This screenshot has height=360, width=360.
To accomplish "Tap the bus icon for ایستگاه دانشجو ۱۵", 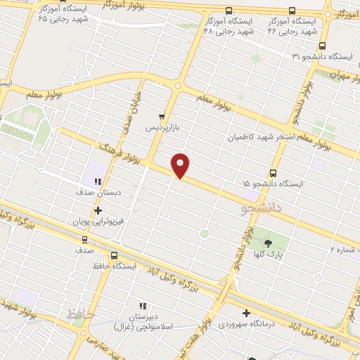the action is pyautogui.click(x=273, y=172).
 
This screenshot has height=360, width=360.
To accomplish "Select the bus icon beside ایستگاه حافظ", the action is pyautogui.click(x=114, y=256).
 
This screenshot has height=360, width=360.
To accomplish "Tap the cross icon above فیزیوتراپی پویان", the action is pyautogui.click(x=98, y=210).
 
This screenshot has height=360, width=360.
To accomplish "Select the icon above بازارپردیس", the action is pyautogui.click(x=162, y=117).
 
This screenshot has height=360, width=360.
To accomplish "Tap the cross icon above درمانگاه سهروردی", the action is pyautogui.click(x=246, y=313).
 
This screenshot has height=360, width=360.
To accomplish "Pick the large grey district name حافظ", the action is pyautogui.click(x=79, y=314).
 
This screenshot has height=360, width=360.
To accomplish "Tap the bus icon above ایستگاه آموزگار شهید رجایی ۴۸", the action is pyautogui.click(x=228, y=11).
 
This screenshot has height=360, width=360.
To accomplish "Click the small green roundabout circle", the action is pyautogui.click(x=205, y=233).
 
